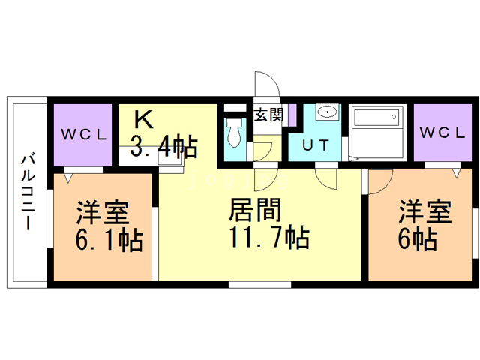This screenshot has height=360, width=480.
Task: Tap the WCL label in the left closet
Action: [84, 136]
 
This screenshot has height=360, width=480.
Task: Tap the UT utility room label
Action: [314, 145]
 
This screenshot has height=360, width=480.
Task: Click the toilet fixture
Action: [235, 133]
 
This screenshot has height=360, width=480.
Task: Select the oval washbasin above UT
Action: [327, 114]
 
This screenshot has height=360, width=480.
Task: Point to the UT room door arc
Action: [328, 177]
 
